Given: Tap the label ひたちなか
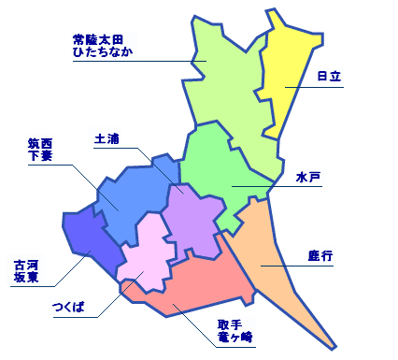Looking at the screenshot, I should tap(102, 51).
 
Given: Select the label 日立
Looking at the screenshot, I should tap(327, 76).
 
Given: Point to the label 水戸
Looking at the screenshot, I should tap(308, 175).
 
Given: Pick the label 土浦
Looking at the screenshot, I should tap(107, 138).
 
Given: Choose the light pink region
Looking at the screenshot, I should tap(145, 252).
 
